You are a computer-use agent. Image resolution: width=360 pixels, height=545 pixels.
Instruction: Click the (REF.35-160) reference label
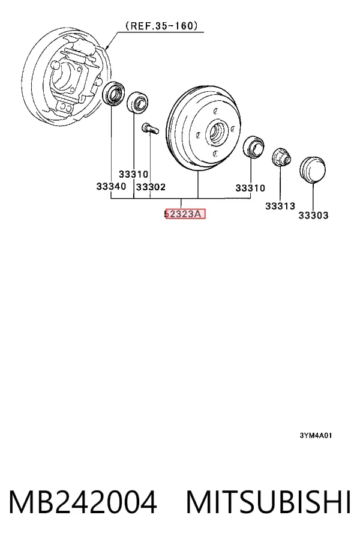click(x=161, y=26)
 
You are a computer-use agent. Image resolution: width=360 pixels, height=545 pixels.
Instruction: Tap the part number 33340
click(x=111, y=187)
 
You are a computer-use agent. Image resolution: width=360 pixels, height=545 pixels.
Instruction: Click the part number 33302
click(x=151, y=187)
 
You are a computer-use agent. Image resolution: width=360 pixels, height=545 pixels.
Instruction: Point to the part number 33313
click(x=280, y=206)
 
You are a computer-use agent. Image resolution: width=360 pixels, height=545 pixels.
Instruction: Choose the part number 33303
click(x=313, y=215)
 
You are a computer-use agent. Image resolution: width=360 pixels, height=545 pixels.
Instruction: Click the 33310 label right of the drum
click(x=250, y=188)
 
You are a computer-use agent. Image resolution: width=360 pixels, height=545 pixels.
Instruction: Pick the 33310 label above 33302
click(x=133, y=174)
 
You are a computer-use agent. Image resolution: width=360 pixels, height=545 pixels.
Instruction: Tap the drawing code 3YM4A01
click(x=316, y=435)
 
